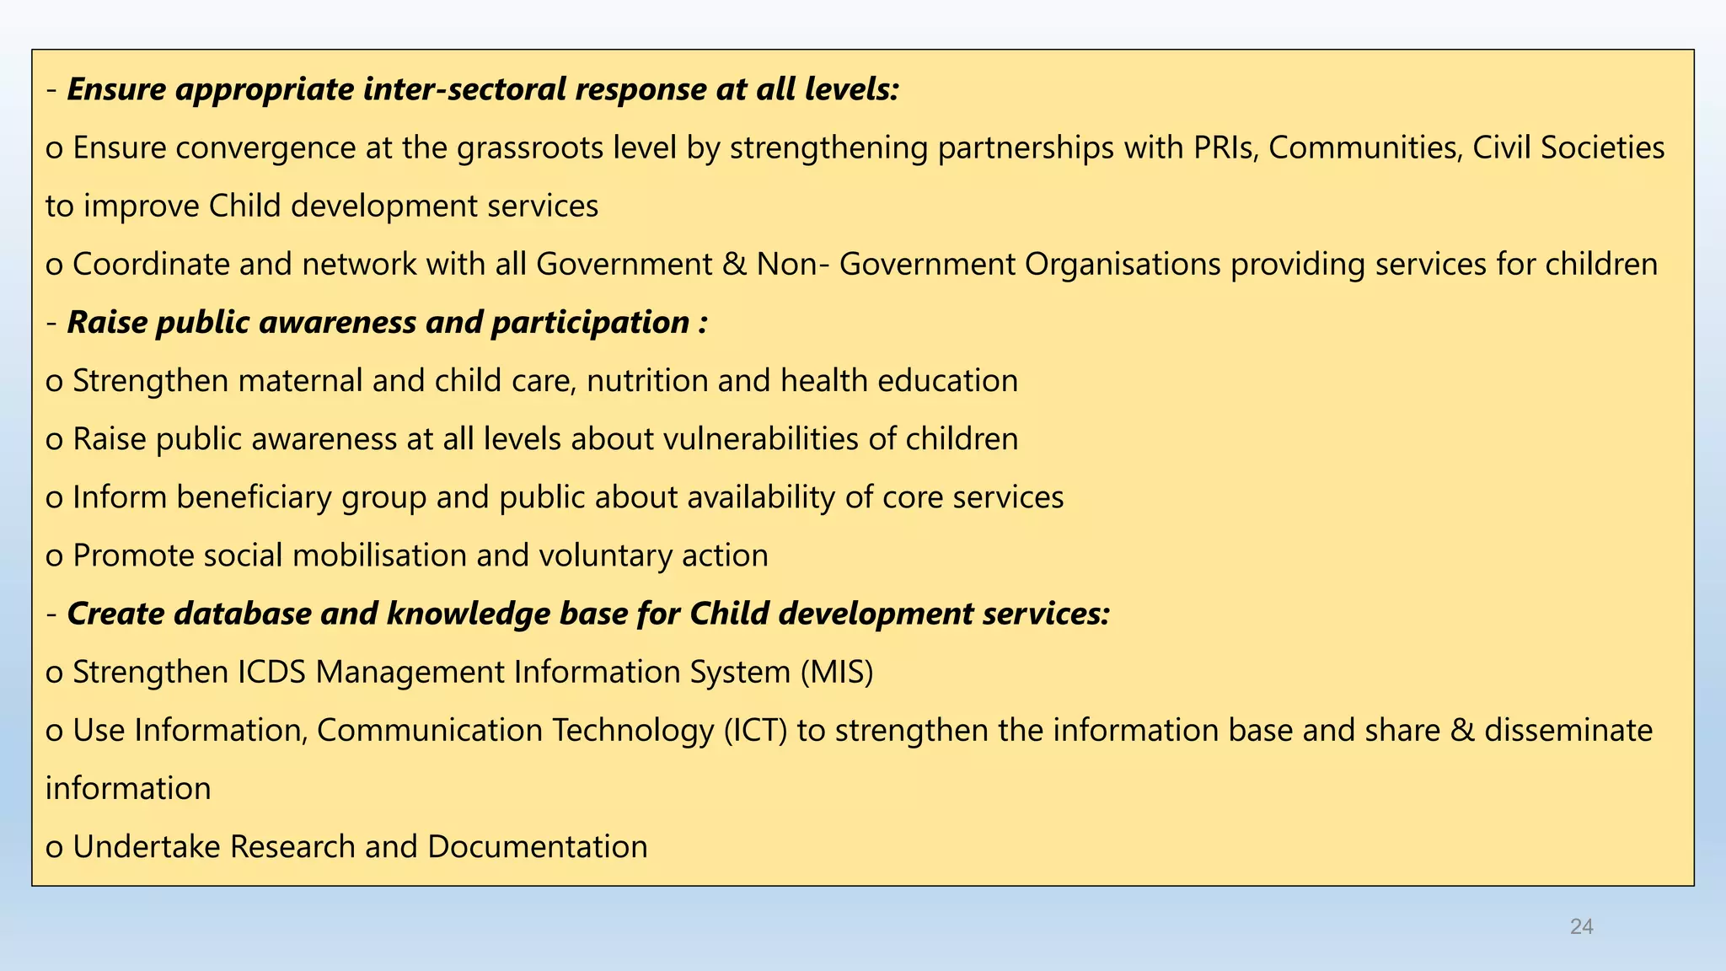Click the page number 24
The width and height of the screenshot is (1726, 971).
1581,927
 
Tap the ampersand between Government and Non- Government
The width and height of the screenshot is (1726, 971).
734,265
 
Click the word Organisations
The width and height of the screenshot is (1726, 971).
1123,265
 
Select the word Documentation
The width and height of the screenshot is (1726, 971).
537,846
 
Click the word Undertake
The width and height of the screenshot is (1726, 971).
147,846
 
